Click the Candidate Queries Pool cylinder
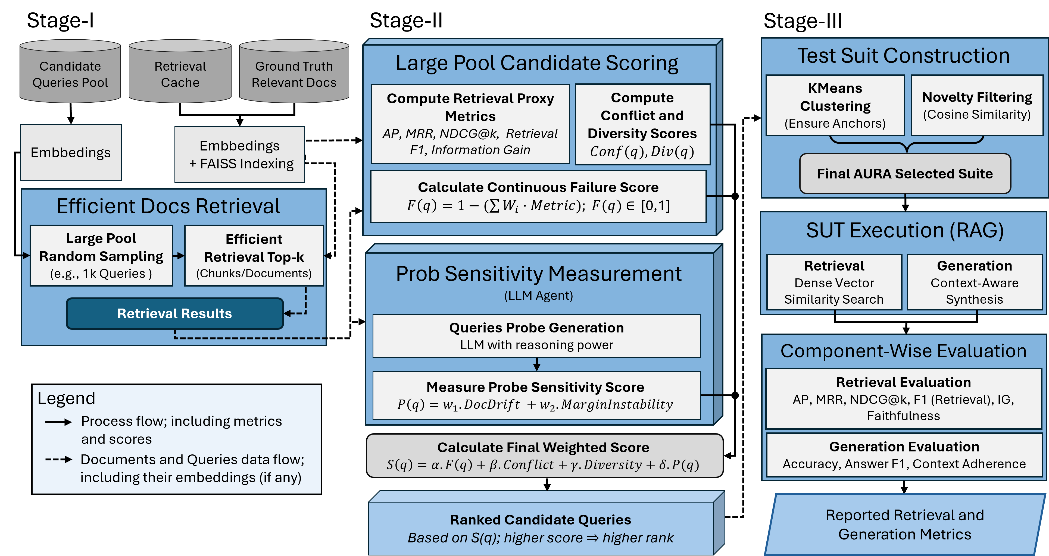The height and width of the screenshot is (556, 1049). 70,73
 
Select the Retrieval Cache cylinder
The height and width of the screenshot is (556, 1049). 180,73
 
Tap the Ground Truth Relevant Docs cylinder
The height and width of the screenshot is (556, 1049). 294,73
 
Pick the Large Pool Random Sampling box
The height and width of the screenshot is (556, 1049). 101,256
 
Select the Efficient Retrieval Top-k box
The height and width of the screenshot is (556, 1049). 254,256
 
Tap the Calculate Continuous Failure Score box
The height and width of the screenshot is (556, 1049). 538,196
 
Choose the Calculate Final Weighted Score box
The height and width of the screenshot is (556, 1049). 544,456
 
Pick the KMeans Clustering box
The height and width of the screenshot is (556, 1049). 835,105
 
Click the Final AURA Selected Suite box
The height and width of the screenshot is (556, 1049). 905,173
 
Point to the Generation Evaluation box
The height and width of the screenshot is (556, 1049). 904,455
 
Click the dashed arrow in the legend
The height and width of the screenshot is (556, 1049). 58,460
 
